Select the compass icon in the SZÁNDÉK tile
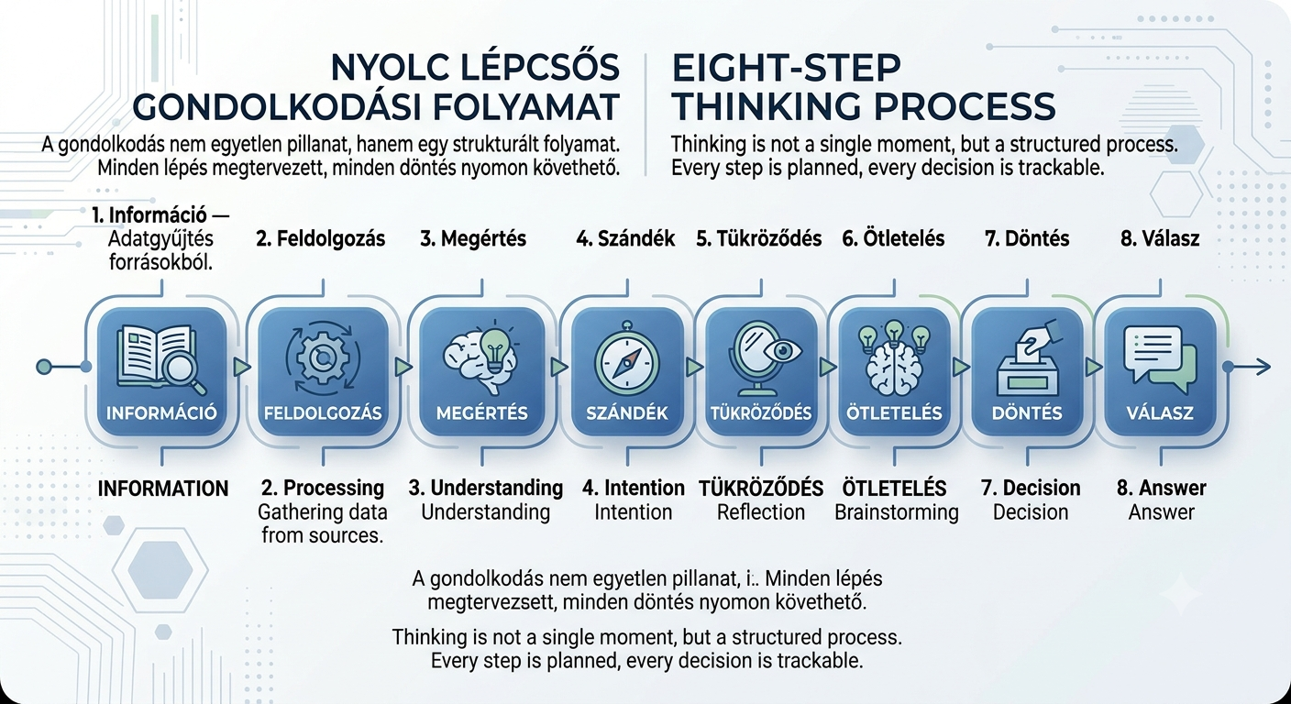[627, 364]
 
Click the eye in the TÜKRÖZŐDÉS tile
[782, 349]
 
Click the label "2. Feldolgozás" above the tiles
[320, 238]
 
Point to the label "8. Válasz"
[1160, 238]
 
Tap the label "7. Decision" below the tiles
[1031, 488]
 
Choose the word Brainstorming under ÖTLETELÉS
[896, 512]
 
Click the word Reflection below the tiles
[761, 512]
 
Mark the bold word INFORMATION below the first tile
[163, 489]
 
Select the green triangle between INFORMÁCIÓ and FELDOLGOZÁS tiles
[242, 367]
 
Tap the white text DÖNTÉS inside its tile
[1027, 413]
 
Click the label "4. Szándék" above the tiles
[625, 238]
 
